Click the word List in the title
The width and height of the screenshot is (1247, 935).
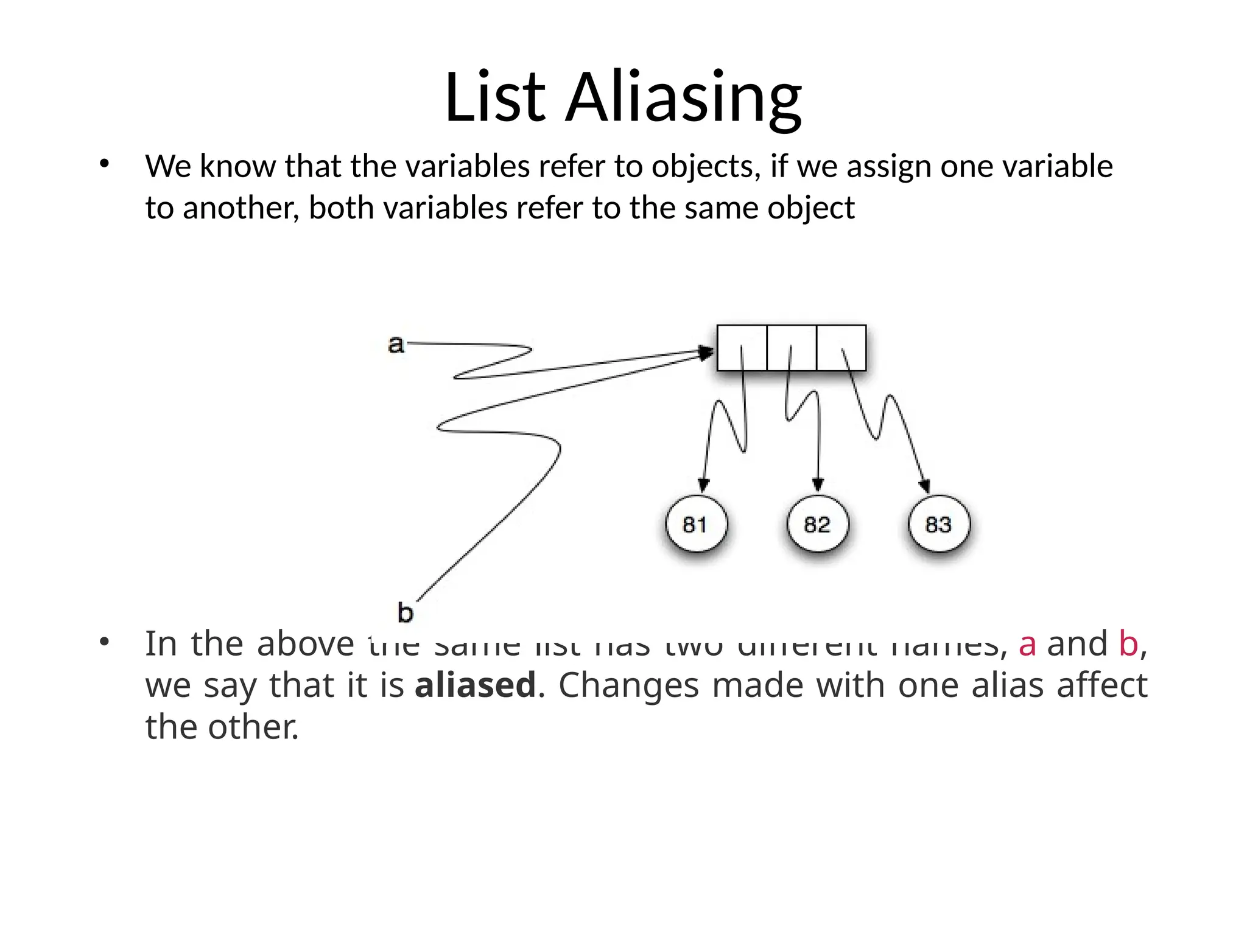pyautogui.click(x=494, y=97)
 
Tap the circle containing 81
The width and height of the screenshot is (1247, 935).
pyautogui.click(x=695, y=524)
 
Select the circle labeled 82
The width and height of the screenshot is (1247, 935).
pyautogui.click(x=817, y=524)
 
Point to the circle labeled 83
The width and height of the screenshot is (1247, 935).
pyautogui.click(x=938, y=524)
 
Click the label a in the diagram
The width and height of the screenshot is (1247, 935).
pyautogui.click(x=396, y=345)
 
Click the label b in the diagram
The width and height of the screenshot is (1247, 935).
pyautogui.click(x=405, y=612)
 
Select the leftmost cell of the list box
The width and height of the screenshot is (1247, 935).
pyautogui.click(x=742, y=348)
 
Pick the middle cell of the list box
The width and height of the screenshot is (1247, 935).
pyautogui.click(x=792, y=348)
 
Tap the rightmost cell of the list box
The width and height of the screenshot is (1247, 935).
pyautogui.click(x=841, y=348)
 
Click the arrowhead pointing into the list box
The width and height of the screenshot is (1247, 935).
pyautogui.click(x=707, y=352)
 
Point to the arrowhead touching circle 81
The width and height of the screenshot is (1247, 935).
pyautogui.click(x=703, y=486)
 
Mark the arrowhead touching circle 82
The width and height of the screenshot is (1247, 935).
pyautogui.click(x=818, y=485)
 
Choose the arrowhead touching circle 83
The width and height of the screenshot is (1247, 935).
pyautogui.click(x=924, y=486)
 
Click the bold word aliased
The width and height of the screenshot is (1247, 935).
pyautogui.click(x=475, y=685)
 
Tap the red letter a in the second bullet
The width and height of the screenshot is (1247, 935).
pyautogui.click(x=1027, y=644)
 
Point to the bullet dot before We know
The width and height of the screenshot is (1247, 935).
pyautogui.click(x=104, y=164)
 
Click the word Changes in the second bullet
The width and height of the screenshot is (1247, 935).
pyautogui.click(x=629, y=686)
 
